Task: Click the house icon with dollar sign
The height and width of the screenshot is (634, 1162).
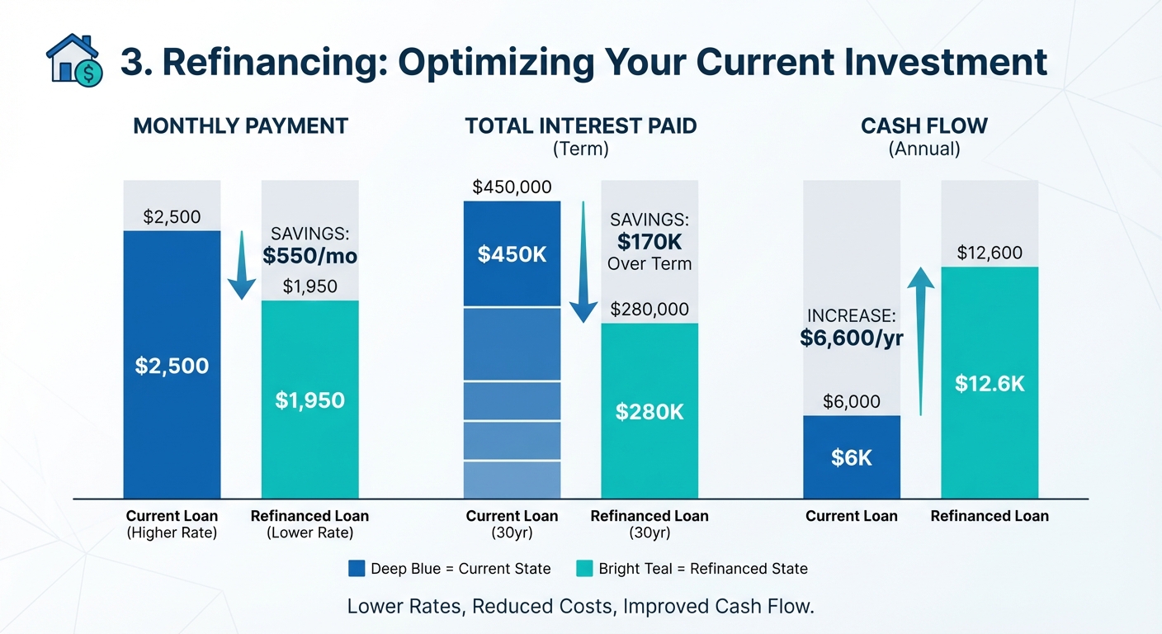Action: pos(75,60)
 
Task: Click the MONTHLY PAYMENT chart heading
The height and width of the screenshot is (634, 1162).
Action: pos(240,126)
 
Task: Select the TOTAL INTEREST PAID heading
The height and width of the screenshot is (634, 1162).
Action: pos(580,126)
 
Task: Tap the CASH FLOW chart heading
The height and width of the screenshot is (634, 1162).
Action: pos(923,126)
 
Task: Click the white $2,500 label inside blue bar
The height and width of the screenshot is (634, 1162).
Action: pos(172,366)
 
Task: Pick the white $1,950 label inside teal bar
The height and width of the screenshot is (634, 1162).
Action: pos(309,401)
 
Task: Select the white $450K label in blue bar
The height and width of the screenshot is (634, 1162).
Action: pos(512,254)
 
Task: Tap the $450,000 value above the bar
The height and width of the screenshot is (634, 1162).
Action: pos(512,187)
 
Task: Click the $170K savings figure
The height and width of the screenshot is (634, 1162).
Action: pos(649,243)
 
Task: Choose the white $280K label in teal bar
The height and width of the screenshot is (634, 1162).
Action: pos(649,412)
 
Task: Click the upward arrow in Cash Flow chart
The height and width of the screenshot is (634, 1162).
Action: pos(920,338)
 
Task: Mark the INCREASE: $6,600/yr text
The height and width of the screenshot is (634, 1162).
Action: pos(851,328)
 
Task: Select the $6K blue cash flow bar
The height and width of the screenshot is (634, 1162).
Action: pos(851,457)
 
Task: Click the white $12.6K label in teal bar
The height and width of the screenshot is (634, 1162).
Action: pos(990,384)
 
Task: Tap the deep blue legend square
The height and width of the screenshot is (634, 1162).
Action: pos(357,568)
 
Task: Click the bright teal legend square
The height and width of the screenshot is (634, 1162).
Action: pos(583,568)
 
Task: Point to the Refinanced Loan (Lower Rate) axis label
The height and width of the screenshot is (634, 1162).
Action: pos(309,524)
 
